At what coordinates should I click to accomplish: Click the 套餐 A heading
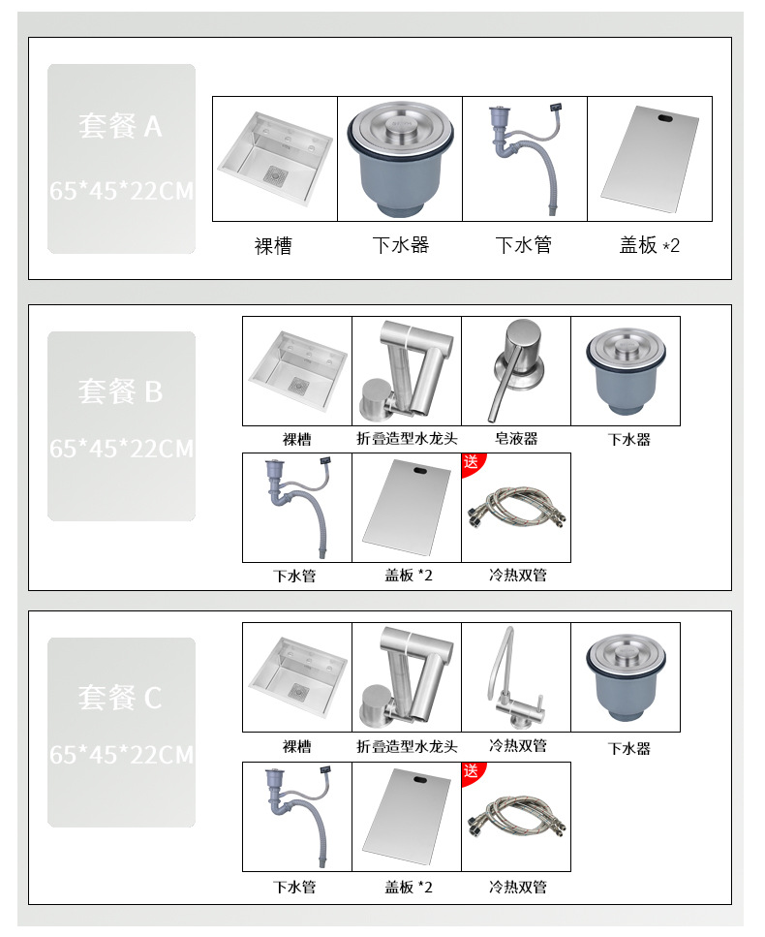pos(121,126)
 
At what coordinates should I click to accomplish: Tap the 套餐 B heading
pos(121,391)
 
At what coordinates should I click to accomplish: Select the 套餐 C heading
pos(121,698)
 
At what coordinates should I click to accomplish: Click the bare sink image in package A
pos(275,159)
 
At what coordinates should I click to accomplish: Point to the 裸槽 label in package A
pos(273,246)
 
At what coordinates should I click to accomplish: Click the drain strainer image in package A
pos(400,159)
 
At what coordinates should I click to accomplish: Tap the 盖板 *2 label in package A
pos(650,246)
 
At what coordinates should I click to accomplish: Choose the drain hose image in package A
pos(525,159)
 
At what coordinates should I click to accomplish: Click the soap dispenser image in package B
pos(516,370)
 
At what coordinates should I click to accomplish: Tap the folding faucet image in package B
pos(407,370)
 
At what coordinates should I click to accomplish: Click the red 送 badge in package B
pos(471,462)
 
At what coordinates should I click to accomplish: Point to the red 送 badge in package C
pos(471,771)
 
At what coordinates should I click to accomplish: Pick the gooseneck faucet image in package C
pos(516,676)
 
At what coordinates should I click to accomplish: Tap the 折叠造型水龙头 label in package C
pos(407,746)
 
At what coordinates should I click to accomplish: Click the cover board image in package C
pos(407,816)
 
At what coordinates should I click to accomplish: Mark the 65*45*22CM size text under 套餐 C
pos(121,755)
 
